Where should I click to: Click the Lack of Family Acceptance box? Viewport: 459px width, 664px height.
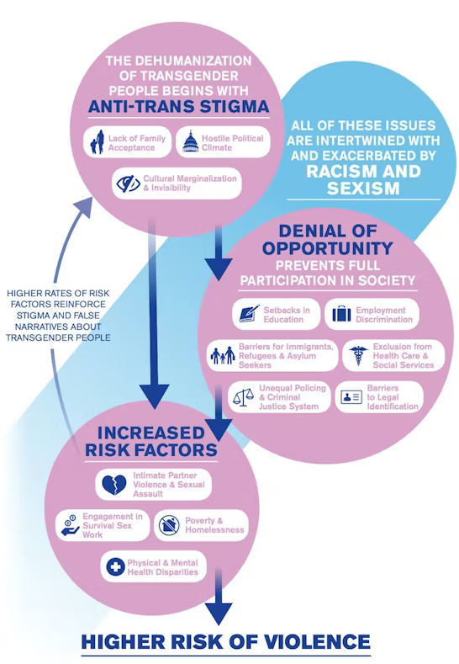[128, 142]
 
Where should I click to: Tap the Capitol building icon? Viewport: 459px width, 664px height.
[190, 142]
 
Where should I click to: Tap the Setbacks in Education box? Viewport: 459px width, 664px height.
[274, 315]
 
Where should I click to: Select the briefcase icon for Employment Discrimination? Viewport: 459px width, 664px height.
[341, 315]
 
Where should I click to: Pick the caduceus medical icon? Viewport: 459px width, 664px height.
[356, 356]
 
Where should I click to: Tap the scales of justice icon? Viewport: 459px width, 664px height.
[243, 396]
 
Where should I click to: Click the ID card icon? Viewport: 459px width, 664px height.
[350, 397]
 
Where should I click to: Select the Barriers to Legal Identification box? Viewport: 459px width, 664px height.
[379, 397]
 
